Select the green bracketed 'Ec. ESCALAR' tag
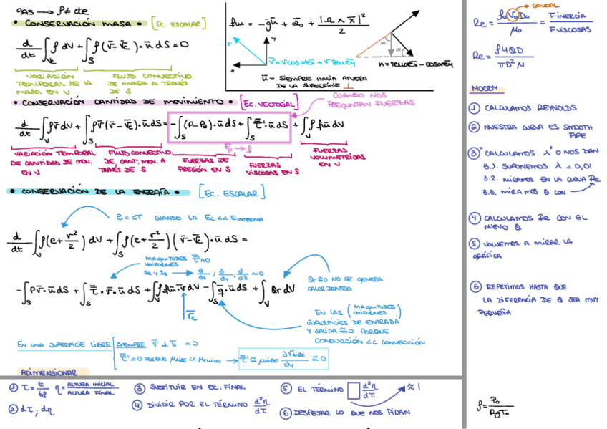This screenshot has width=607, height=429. [179, 24]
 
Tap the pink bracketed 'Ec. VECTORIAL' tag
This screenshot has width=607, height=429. [268, 104]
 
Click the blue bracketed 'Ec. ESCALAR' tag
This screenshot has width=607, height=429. [231, 192]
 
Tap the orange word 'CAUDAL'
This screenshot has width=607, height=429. [546, 5]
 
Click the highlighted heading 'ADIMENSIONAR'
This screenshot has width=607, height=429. [49, 372]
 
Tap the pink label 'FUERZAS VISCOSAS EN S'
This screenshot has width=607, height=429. [271, 166]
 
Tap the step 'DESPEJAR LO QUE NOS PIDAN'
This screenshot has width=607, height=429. [346, 412]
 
